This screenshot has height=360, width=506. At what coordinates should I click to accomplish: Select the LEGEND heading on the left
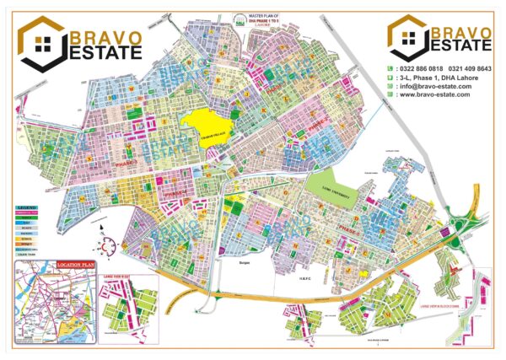[25, 206]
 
